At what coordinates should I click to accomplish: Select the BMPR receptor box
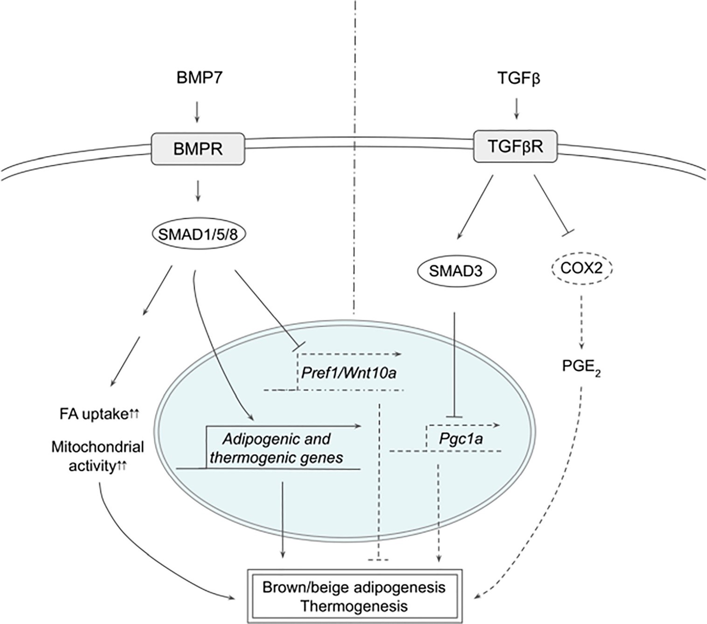pyautogui.click(x=198, y=149)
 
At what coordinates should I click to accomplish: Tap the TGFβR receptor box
pyautogui.click(x=515, y=146)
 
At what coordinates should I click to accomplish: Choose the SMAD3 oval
pyautogui.click(x=456, y=270)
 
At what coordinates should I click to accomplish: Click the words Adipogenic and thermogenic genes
pyautogui.click(x=277, y=448)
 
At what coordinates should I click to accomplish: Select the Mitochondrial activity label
pyautogui.click(x=97, y=457)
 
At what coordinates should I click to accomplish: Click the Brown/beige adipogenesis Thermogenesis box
pyautogui.click(x=354, y=596)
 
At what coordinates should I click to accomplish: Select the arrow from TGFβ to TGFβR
pyautogui.click(x=516, y=108)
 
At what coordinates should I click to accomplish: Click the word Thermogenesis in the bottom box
pyautogui.click(x=354, y=606)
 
